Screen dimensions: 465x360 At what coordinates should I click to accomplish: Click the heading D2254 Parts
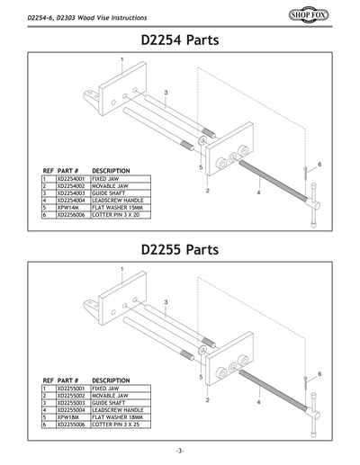pyautogui.click(x=180, y=40)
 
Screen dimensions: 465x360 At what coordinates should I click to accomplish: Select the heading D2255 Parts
pyautogui.click(x=180, y=250)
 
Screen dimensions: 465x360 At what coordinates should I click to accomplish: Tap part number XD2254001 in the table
pyautogui.click(x=72, y=179)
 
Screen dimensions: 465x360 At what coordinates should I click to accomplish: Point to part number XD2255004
pyautogui.click(x=72, y=409)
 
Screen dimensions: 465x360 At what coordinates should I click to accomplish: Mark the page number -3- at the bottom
pyautogui.click(x=180, y=449)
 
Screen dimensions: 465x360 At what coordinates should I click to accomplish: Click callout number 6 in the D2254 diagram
pyautogui.click(x=319, y=165)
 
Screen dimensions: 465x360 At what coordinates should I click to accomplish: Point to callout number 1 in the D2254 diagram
pyautogui.click(x=122, y=59)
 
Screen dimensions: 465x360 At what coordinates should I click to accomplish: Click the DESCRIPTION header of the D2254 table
pyautogui.click(x=112, y=171)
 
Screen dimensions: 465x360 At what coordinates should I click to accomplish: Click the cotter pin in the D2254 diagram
pyautogui.click(x=308, y=172)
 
